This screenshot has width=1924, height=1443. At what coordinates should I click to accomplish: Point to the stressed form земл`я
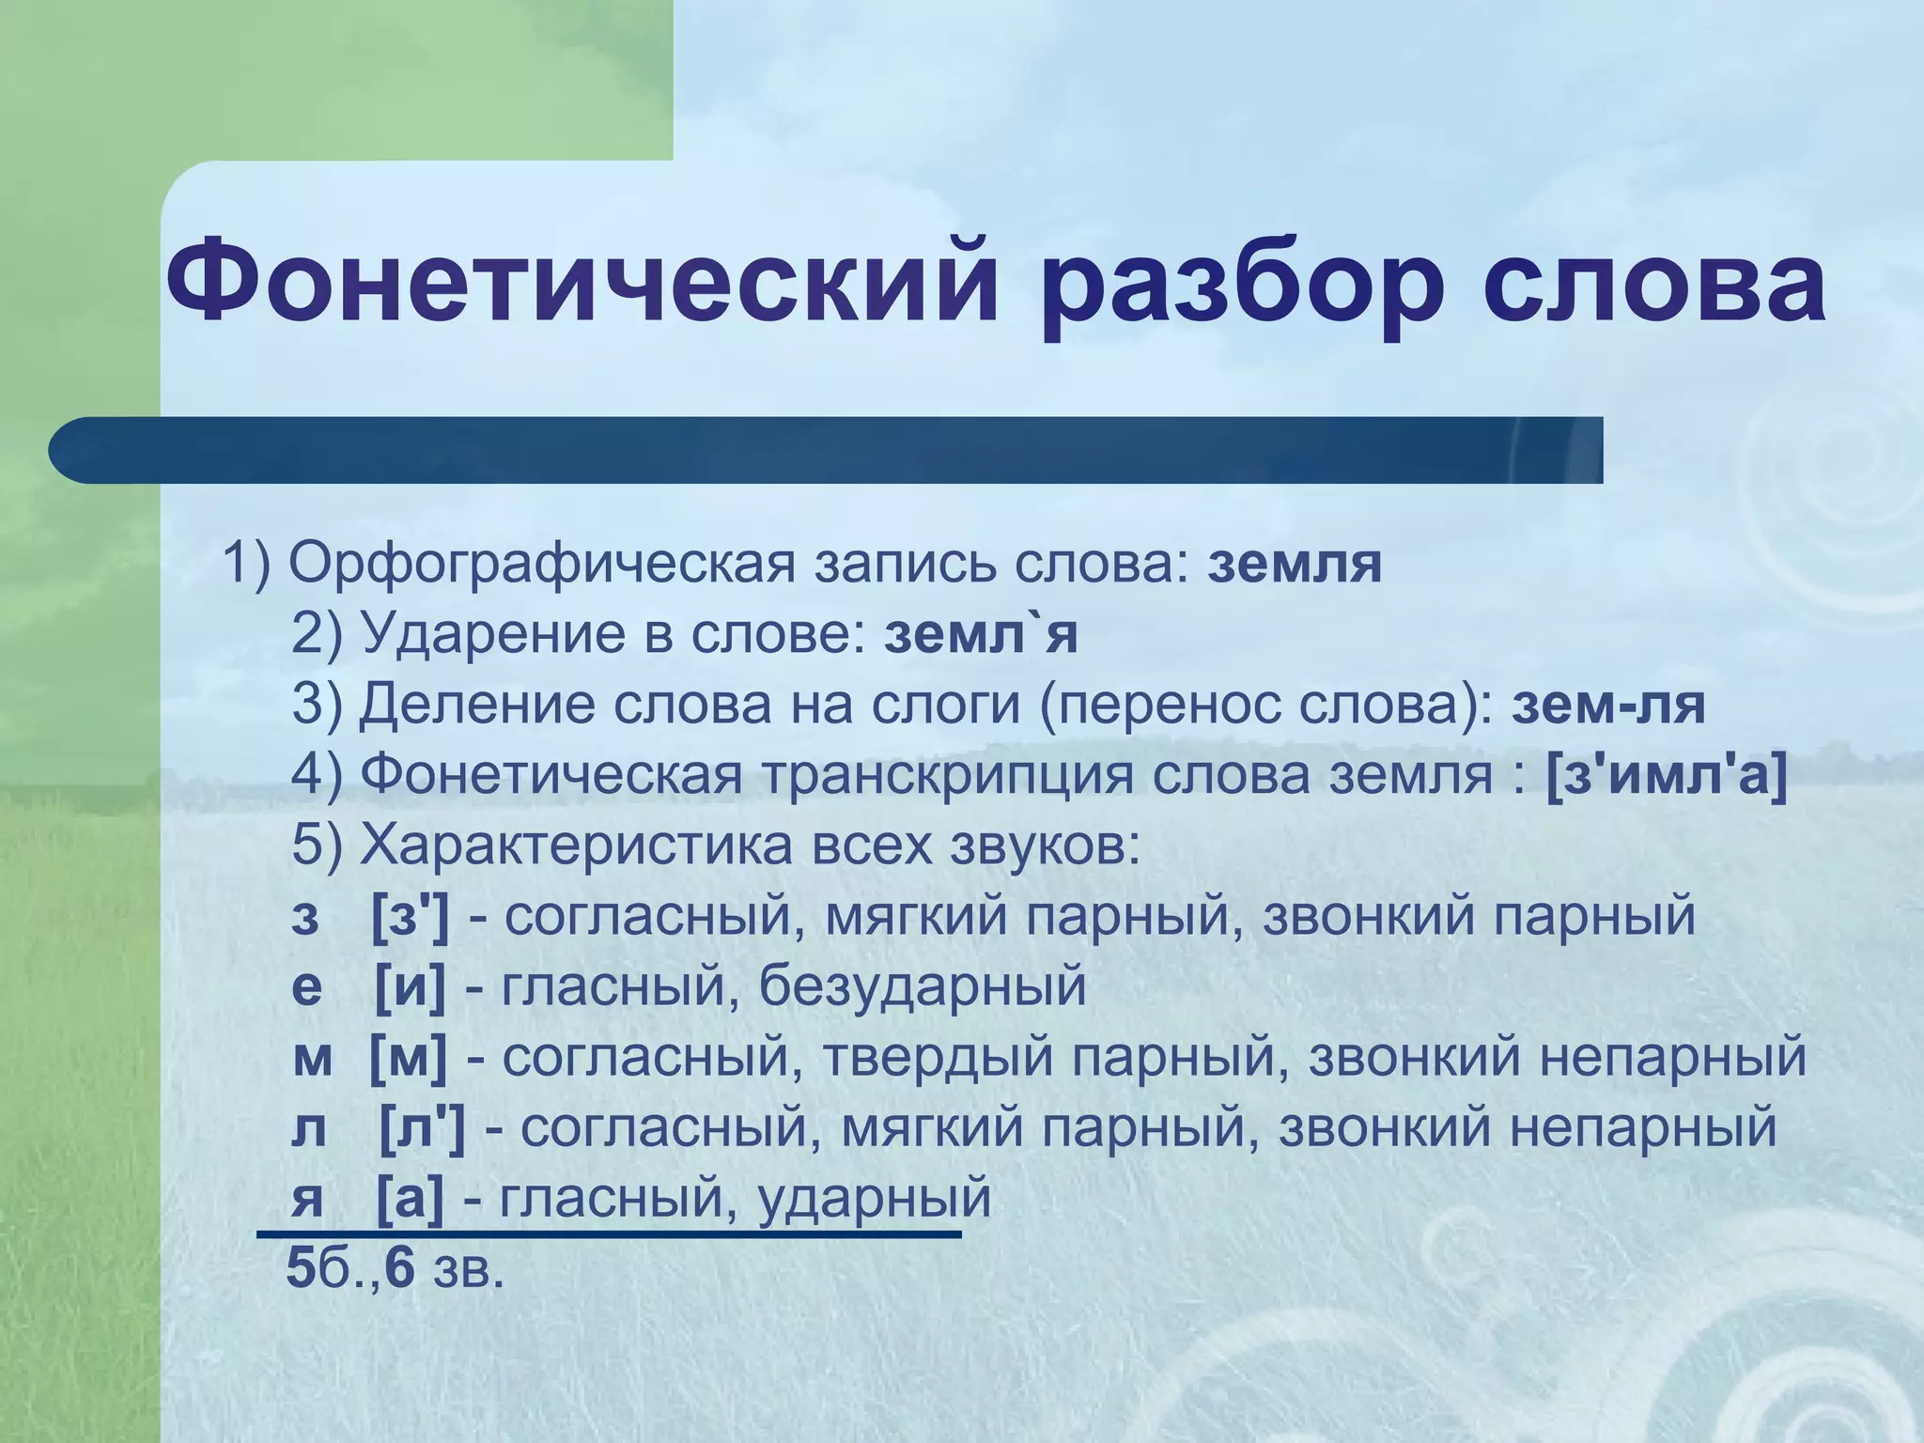pyautogui.click(x=981, y=634)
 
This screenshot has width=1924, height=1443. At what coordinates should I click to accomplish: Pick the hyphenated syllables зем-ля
pyautogui.click(x=1607, y=705)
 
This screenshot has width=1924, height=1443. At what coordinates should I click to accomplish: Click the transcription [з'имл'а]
pyautogui.click(x=1666, y=775)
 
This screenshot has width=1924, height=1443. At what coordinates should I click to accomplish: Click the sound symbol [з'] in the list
pyautogui.click(x=411, y=916)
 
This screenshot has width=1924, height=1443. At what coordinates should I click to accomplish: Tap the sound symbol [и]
pyautogui.click(x=411, y=986)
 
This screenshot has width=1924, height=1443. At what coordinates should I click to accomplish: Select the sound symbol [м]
pyautogui.click(x=409, y=1057)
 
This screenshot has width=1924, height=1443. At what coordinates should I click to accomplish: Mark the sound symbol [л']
pyautogui.click(x=422, y=1127)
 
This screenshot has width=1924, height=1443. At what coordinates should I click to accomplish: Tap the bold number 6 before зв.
pyautogui.click(x=400, y=1268)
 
